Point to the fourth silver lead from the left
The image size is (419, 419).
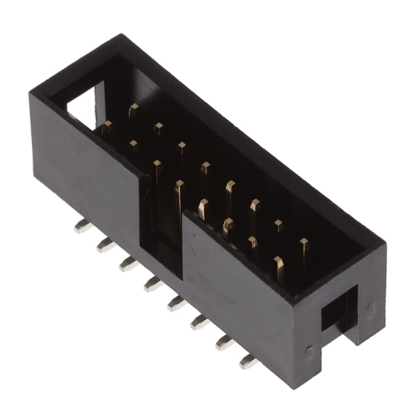click(x=153, y=283)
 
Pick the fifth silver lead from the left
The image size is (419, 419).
click(x=175, y=303)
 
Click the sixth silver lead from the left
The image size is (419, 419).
click(x=199, y=321)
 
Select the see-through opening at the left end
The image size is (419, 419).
click(x=83, y=108)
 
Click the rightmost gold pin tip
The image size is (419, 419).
click(x=304, y=244)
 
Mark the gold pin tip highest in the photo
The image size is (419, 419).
click(x=134, y=107)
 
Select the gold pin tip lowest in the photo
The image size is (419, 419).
click(x=278, y=262)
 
